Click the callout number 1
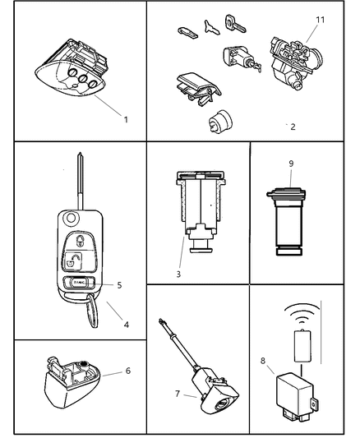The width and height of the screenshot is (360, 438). pyautogui.click(x=126, y=120)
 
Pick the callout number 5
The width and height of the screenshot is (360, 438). pyautogui.click(x=119, y=285)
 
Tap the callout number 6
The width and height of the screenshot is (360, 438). pyautogui.click(x=127, y=371)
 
